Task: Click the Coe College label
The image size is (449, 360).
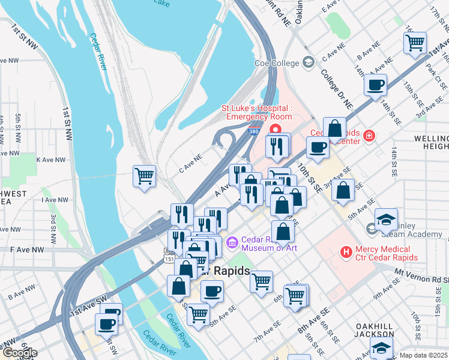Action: (277, 64)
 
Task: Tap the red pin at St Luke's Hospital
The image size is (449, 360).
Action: (276, 129)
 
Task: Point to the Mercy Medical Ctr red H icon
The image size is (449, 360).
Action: (346, 253)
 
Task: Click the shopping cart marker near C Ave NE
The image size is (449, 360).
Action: (144, 176)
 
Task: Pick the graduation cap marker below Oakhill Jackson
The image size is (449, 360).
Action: (381, 348)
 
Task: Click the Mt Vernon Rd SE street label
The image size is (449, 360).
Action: (421, 275)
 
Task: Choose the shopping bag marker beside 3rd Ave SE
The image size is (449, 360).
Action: (342, 190)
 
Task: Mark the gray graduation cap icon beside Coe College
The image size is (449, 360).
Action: (308, 63)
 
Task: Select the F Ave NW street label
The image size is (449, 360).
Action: (27, 249)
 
